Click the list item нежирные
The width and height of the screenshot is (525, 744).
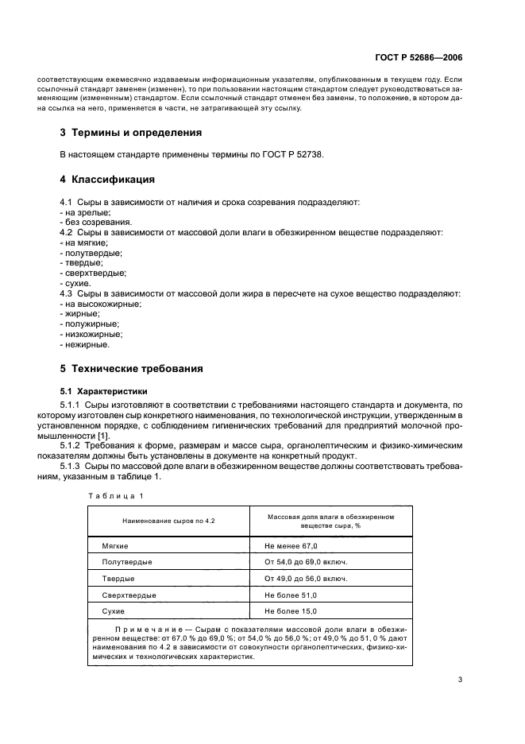tap(85, 345)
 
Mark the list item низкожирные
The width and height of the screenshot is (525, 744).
tap(91, 335)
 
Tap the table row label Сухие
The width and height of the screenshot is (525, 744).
tap(115, 610)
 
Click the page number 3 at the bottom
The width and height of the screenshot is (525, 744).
tap(460, 680)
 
